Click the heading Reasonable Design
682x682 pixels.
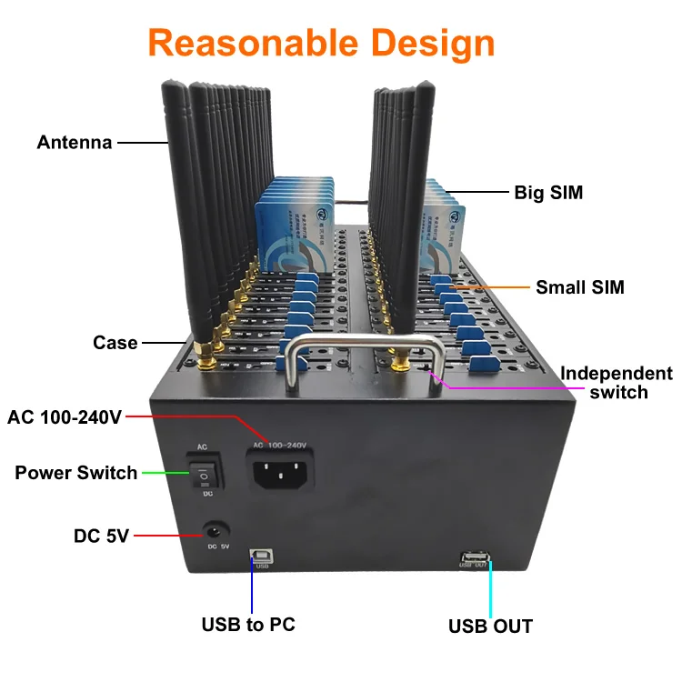(x=321, y=43)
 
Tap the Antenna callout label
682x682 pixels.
(x=75, y=143)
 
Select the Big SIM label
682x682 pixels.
(x=548, y=193)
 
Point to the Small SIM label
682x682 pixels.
(x=579, y=287)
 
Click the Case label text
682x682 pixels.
(x=115, y=343)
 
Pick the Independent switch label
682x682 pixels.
(x=617, y=383)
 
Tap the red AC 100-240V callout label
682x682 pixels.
(x=65, y=417)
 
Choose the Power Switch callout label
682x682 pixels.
(x=76, y=473)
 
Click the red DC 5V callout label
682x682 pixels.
(x=102, y=537)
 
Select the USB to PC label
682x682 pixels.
(x=247, y=625)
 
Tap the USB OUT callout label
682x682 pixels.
(x=490, y=626)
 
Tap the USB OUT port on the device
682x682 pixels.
(x=476, y=555)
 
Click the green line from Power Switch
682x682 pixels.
(x=164, y=473)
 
